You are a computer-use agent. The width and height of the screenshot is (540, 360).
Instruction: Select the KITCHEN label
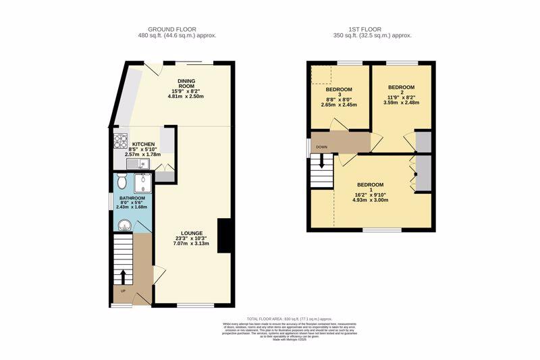click(144, 145)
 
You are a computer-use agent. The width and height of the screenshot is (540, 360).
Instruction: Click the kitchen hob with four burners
click(121, 142)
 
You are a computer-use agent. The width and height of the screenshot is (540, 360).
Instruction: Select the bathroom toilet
click(122, 180)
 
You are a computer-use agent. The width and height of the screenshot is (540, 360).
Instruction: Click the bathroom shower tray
click(143, 183)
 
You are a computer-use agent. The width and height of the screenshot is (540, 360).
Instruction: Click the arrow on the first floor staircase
click(322, 161)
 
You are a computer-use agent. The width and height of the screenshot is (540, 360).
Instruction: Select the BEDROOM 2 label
click(401, 88)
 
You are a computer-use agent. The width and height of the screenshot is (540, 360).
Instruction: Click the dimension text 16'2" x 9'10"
click(370, 194)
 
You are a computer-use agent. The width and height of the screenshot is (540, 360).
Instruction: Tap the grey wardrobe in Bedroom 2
click(423, 140)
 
